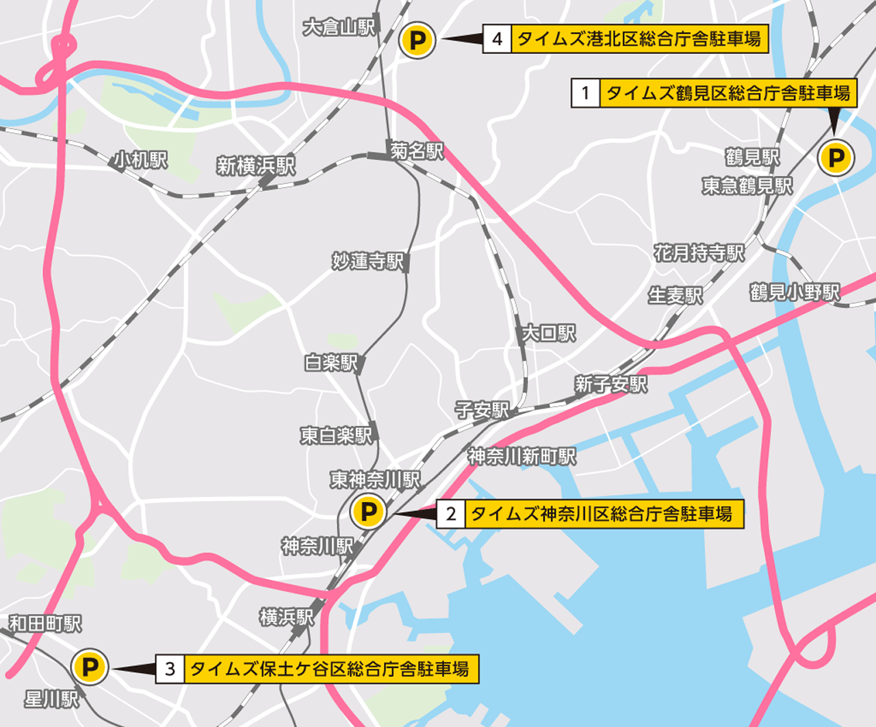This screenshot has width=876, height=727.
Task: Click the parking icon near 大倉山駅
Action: pyautogui.click(x=417, y=40)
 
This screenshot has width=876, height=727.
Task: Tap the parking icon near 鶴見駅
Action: pyautogui.click(x=836, y=158)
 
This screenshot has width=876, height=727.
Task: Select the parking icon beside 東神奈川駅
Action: pyautogui.click(x=368, y=511)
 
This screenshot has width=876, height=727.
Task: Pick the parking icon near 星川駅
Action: pyautogui.click(x=90, y=667)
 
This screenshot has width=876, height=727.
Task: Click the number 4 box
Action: pyautogui.click(x=498, y=39)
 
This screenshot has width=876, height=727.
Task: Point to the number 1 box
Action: pyautogui.click(x=585, y=92)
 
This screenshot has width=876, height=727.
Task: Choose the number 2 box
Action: pyautogui.click(x=451, y=513)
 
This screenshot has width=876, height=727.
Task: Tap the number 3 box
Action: pyautogui.click(x=170, y=669)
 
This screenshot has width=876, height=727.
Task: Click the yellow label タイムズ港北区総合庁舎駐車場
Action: pyautogui.click(x=639, y=39)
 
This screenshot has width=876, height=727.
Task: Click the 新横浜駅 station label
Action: pyautogui.click(x=256, y=166)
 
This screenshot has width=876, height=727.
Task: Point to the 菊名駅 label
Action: pyautogui.click(x=417, y=151)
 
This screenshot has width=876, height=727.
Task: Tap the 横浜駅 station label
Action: pyautogui.click(x=287, y=617)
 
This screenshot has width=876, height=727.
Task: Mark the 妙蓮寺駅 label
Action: pyautogui.click(x=368, y=261)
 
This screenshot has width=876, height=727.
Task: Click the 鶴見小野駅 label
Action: pyautogui.click(x=795, y=292)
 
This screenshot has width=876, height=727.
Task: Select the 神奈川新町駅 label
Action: pyautogui.click(x=522, y=457)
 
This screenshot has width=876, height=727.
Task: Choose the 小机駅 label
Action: pyautogui.click(x=140, y=160)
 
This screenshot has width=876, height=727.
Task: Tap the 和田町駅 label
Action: pyautogui.click(x=45, y=624)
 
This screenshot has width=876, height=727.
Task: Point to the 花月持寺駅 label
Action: pyautogui.click(x=699, y=253)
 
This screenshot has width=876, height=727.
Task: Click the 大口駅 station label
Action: pyautogui.click(x=549, y=333)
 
